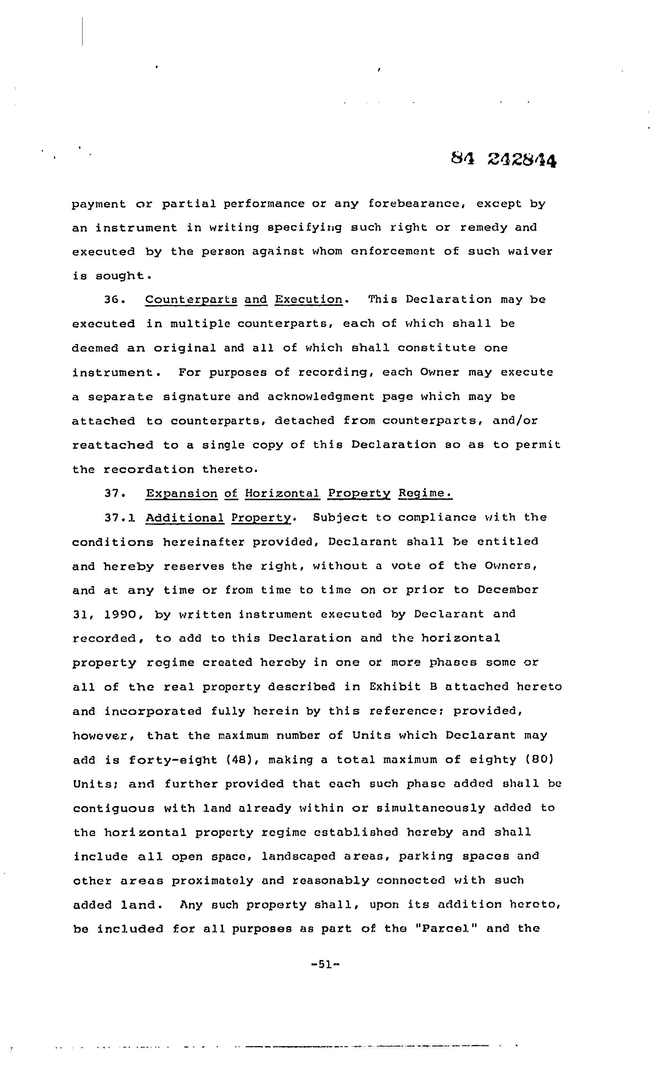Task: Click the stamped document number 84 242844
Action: (x=504, y=160)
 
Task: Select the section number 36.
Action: (x=115, y=300)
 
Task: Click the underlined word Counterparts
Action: (x=191, y=300)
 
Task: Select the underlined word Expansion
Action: (x=182, y=493)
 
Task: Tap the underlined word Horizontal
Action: (x=282, y=493)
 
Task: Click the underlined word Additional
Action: (x=185, y=518)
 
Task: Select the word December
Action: (x=508, y=590)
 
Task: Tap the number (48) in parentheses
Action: (x=243, y=760)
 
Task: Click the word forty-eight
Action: (x=172, y=760)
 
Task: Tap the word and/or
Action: (x=515, y=421)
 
